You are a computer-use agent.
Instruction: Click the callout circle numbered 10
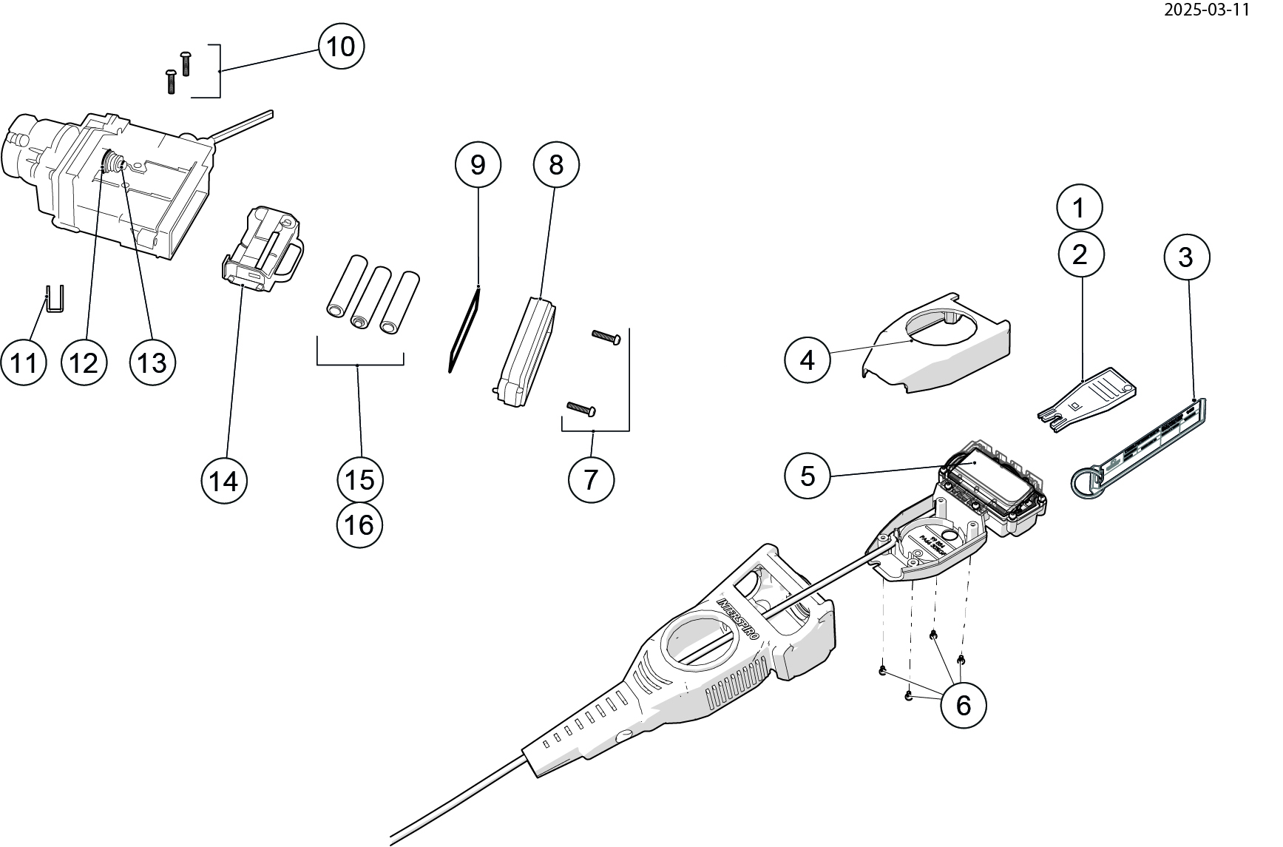[x=341, y=47]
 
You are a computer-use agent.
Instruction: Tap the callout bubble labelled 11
[x=24, y=362]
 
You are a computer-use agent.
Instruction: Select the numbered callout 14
[x=224, y=482]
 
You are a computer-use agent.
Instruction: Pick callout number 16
[x=359, y=525]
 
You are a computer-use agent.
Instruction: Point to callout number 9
[x=478, y=164]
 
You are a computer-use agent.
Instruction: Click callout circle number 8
[x=555, y=164]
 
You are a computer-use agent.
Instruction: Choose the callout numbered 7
[x=591, y=479]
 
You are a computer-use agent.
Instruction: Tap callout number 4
[x=808, y=360]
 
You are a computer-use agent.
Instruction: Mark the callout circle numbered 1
[x=1079, y=207]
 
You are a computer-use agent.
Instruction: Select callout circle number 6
[x=963, y=705]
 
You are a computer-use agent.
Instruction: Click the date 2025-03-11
[x=1206, y=10]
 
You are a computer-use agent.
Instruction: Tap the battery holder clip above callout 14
[x=264, y=249]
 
